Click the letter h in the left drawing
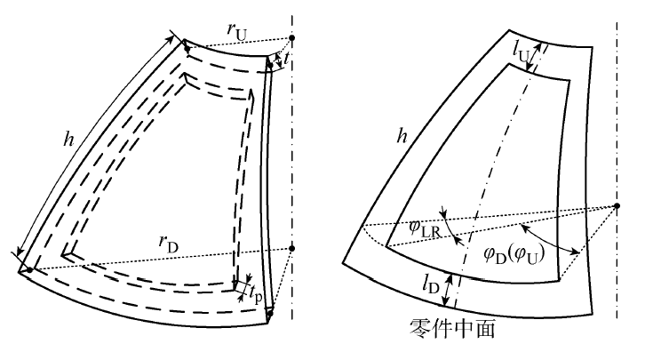[69, 140]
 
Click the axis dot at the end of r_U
[292, 37]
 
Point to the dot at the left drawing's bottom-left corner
[30, 269]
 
